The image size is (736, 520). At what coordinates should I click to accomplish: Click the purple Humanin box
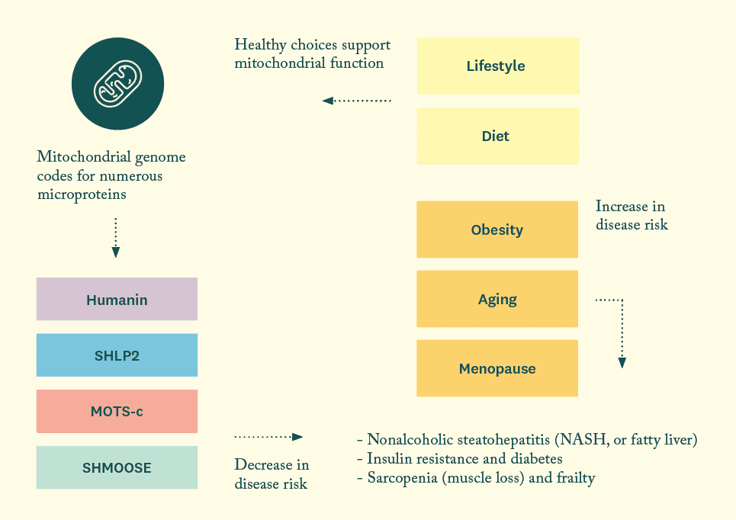point(117,299)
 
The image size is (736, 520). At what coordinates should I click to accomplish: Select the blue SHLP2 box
point(117,355)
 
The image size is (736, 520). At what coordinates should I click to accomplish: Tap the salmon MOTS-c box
point(117,412)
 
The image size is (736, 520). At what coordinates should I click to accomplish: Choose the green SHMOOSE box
point(117,467)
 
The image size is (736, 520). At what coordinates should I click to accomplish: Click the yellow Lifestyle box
point(497,66)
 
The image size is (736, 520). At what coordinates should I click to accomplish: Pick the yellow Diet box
point(497,136)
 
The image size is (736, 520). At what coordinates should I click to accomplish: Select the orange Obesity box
point(497,230)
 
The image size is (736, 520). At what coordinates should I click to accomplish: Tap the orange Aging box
point(497,299)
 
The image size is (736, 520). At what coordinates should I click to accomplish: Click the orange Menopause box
point(497,369)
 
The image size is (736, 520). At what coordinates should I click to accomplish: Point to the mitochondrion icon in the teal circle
point(117,83)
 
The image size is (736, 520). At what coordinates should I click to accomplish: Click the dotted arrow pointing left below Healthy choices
point(356,101)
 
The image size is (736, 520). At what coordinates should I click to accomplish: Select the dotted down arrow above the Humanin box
point(115,237)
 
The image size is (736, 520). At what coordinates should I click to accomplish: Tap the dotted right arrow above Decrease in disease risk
point(268,437)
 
